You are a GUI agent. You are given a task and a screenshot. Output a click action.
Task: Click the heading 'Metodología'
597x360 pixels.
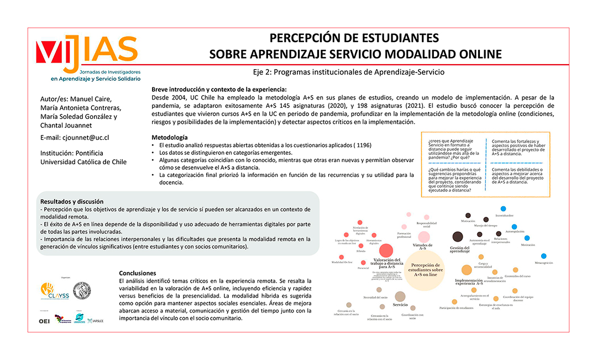pyautogui.click(x=169, y=137)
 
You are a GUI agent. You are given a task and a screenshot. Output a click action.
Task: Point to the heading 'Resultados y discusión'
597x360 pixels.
pyautogui.click(x=72, y=201)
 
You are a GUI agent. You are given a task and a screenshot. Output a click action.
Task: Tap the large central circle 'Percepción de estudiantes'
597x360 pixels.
pyautogui.click(x=425, y=268)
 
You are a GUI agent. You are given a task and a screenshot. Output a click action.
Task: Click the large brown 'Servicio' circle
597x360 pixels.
pyautogui.click(x=400, y=296)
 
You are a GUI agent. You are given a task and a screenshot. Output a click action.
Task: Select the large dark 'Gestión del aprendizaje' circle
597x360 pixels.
pyautogui.click(x=457, y=236)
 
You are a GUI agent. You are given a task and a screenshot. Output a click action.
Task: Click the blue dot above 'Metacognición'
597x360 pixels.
pyautogui.click(x=543, y=255)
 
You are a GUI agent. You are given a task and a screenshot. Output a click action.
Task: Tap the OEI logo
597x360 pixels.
pyautogui.click(x=44, y=321)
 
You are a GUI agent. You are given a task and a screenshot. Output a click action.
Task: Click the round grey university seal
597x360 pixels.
pyautogui.click(x=82, y=290)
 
